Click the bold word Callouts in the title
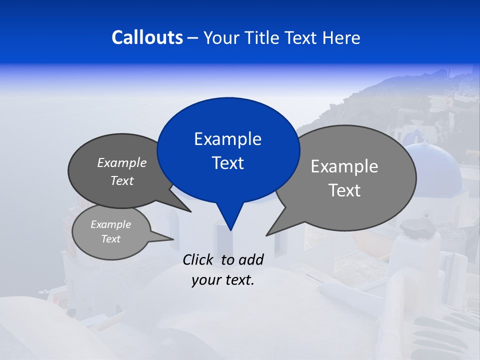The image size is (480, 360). coord(147,37)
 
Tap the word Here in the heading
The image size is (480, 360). coord(341,37)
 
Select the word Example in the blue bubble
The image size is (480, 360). coord(227,139)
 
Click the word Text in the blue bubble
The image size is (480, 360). coord(227,163)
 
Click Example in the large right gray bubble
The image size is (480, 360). coord(344,166)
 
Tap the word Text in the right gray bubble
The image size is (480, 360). coord(344,190)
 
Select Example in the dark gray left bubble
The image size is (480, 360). coord(122,163)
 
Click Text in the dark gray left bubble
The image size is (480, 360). coord(122,181)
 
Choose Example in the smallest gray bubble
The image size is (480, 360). coord(110,224)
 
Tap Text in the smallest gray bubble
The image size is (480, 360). coord(110,239)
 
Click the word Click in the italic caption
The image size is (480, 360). coord(198,259)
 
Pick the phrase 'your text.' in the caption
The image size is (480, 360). coord(223,280)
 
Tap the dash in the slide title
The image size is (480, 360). coord(193,37)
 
